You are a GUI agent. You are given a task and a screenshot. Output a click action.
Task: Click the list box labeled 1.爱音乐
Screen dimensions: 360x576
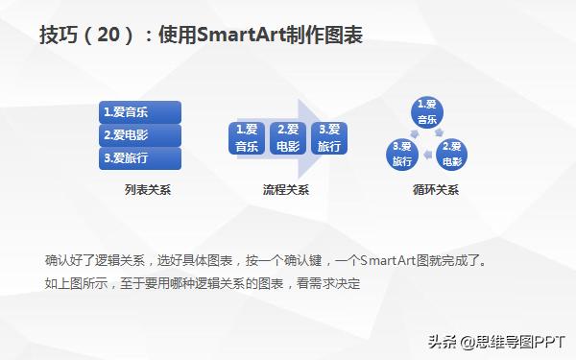(140, 111)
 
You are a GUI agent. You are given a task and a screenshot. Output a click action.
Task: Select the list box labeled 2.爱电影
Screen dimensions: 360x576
(140, 134)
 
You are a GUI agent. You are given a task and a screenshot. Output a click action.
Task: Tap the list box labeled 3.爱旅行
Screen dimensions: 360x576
(140, 157)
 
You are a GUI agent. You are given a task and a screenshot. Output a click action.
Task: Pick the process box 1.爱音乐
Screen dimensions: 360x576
(247, 138)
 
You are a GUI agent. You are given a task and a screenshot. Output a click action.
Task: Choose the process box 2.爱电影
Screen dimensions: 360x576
(287, 138)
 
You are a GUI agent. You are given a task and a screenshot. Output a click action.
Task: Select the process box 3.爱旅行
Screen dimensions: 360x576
(328, 138)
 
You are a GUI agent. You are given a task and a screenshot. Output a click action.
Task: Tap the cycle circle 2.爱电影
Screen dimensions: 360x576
(453, 155)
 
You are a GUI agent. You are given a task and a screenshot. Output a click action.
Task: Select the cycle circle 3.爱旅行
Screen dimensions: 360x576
(402, 155)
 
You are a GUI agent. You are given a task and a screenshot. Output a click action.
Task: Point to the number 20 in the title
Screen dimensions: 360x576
(109, 36)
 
